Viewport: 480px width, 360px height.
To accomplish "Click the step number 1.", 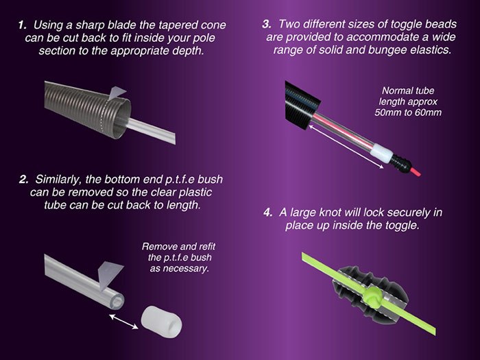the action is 23,25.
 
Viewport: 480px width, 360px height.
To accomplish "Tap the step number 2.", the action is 23,180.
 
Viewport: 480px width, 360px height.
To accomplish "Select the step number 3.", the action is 267,24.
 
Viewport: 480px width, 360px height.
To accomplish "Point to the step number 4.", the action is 268,213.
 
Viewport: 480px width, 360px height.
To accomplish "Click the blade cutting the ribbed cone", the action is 116,93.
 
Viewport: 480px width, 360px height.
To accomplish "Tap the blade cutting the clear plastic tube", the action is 109,275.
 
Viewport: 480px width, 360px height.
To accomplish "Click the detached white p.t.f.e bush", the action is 161,322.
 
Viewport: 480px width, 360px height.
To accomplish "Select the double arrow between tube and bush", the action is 123,322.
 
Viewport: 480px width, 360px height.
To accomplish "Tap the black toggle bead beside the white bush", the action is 400,163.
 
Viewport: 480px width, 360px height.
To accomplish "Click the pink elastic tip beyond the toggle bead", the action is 415,171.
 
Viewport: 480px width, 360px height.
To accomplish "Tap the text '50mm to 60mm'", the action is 408,112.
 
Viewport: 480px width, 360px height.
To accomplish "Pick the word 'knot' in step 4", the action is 331,213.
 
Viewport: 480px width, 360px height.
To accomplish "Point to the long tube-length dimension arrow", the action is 346,146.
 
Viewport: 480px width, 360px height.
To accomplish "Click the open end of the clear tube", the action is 117,302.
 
